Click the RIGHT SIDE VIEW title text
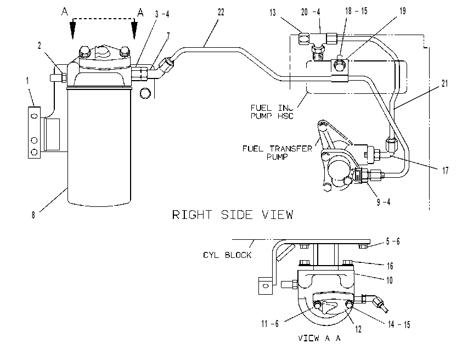tap(233, 215)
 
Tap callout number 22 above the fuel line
tap(221, 12)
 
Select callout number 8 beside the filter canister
tap(33, 215)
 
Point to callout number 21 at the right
tap(444, 83)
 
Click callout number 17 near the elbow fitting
tap(445, 170)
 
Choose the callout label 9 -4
tap(384, 202)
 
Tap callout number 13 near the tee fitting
tap(273, 13)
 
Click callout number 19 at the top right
tap(403, 11)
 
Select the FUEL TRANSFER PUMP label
tap(277, 153)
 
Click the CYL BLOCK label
tap(227, 255)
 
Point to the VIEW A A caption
tap(319, 338)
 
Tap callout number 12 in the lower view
tap(358, 329)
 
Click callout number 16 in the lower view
tap(390, 266)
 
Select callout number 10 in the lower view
tap(390, 280)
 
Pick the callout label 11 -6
tap(270, 324)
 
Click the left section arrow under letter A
tap(72, 29)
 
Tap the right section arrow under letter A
tap(134, 29)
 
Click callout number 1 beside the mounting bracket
tap(27, 81)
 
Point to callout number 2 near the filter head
tap(40, 46)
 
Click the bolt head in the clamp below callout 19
tap(340, 65)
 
